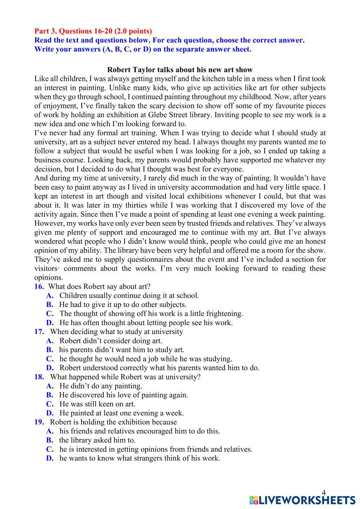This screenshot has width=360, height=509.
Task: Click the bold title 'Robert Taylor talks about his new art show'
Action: point(180,70)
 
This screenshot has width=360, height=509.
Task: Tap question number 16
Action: point(39,287)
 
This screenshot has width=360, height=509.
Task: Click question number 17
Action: point(39,332)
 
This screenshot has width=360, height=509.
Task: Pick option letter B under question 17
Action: point(50,350)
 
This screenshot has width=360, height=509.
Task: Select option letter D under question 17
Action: point(50,368)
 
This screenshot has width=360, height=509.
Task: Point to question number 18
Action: point(39,377)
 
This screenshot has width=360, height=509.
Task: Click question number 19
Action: point(39,422)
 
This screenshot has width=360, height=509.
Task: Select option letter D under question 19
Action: point(50,458)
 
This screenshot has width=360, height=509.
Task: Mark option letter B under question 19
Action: point(50,440)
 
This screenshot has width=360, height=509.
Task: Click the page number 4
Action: point(323,493)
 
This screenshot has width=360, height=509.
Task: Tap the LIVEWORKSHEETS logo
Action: point(302,500)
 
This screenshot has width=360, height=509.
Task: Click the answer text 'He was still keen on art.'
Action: point(97,404)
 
